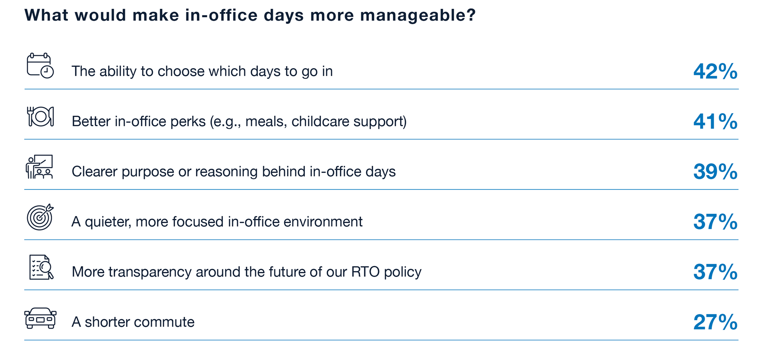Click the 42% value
tap(715, 71)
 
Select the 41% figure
tap(715, 122)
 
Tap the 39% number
tap(715, 172)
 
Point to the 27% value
tap(715, 322)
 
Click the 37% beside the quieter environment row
tap(715, 222)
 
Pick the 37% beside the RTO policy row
tap(715, 272)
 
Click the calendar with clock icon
tap(40, 66)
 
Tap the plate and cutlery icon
tap(40, 117)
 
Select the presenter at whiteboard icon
tap(40, 167)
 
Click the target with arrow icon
tap(40, 217)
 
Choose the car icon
tap(40, 318)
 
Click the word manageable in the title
tap(418, 15)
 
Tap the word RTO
tap(366, 272)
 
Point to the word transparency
tap(150, 273)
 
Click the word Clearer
tap(95, 172)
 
